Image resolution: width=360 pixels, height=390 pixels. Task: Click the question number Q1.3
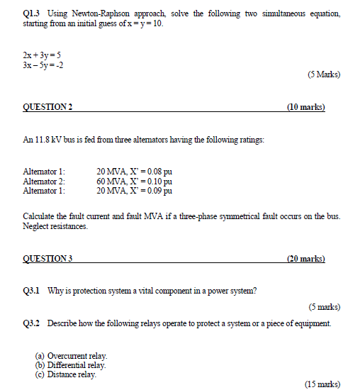point(31,14)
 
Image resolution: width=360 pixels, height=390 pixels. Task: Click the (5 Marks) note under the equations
point(323,73)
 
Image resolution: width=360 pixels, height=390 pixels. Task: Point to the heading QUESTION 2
point(47,108)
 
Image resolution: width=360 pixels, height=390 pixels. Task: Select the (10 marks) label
point(305,108)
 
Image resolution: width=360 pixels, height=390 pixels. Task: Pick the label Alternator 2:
point(44,181)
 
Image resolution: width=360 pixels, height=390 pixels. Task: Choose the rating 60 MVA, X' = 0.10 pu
point(135,181)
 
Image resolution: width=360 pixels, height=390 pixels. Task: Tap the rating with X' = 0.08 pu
point(135,172)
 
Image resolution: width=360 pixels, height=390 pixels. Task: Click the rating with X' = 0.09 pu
point(135,190)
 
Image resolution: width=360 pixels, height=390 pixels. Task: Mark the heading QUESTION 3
point(47,259)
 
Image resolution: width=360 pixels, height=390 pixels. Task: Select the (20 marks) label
point(305,259)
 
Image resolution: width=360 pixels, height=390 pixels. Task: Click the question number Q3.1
point(32,290)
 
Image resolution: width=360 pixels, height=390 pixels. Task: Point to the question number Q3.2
point(32,323)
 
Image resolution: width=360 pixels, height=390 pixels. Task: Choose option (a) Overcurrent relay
point(72,355)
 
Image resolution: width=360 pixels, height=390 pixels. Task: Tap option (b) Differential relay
point(71,364)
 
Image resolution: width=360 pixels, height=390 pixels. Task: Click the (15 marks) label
point(322,384)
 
